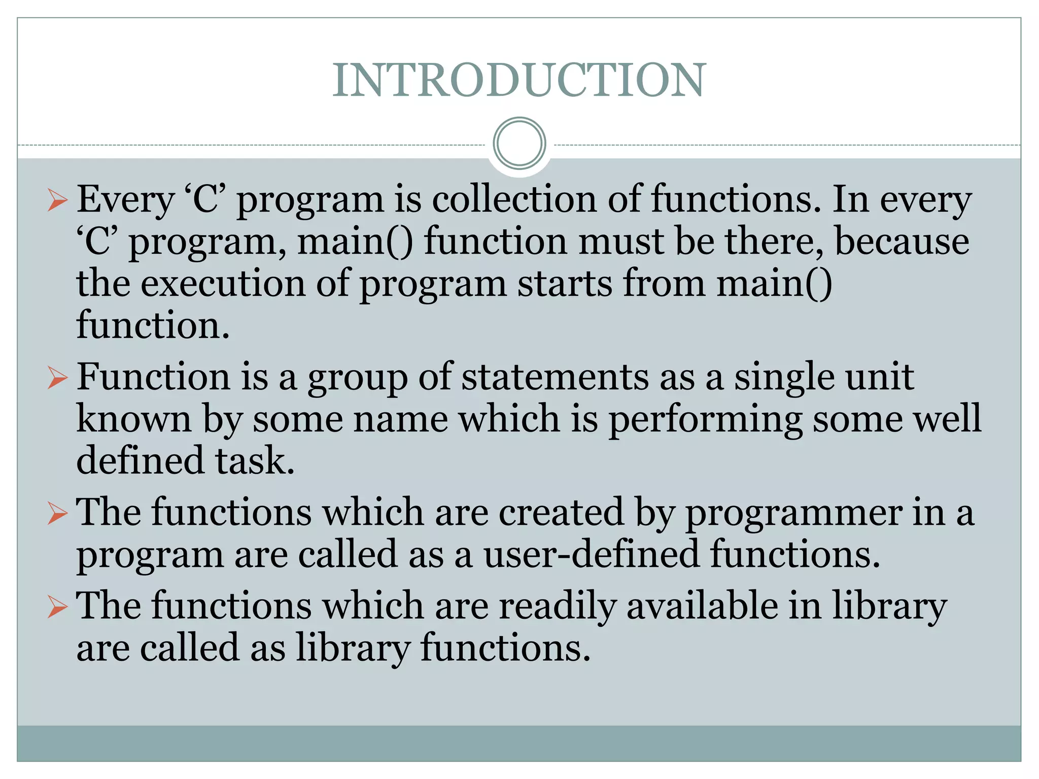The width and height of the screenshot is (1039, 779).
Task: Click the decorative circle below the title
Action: click(519, 144)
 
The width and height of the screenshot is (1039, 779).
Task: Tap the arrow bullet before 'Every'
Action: click(57, 200)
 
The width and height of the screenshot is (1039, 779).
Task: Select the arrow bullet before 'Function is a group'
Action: click(57, 378)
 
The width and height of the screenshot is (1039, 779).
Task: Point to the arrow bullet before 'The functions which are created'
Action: click(57, 513)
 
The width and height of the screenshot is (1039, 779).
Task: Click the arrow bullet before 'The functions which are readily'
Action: click(57, 607)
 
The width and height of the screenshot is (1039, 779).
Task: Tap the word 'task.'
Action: click(254, 461)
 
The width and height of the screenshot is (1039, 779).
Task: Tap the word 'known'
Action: click(133, 419)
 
